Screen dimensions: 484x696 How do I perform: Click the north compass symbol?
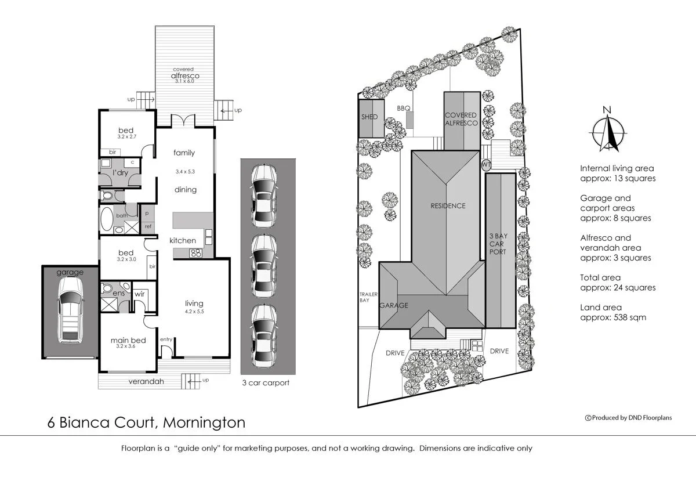607,131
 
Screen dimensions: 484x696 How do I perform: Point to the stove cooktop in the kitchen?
196,252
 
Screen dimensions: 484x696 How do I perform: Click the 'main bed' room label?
127,341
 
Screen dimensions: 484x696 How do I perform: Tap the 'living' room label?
194,303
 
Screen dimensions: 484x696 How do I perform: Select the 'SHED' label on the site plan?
369,117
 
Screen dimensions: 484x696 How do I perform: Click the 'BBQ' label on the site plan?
404,109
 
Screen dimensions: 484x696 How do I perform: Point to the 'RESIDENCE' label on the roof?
448,205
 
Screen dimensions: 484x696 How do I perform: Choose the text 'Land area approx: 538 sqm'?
612,312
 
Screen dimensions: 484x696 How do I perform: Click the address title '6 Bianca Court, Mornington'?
146,422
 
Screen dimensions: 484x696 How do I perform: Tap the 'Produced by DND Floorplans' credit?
628,417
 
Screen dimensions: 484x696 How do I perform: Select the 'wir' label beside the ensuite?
139,294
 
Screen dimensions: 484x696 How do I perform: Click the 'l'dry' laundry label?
120,173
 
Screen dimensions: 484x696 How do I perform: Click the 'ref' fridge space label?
148,226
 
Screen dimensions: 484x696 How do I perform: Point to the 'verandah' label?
146,381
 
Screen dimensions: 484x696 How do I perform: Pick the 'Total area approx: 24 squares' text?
618,283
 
